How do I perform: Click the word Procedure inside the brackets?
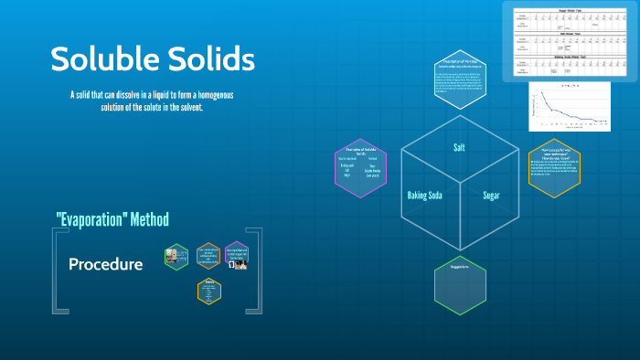click(105, 264)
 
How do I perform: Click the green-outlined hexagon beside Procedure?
click(176, 257)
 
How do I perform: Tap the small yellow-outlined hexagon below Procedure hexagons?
click(208, 290)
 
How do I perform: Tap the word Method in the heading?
click(148, 219)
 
